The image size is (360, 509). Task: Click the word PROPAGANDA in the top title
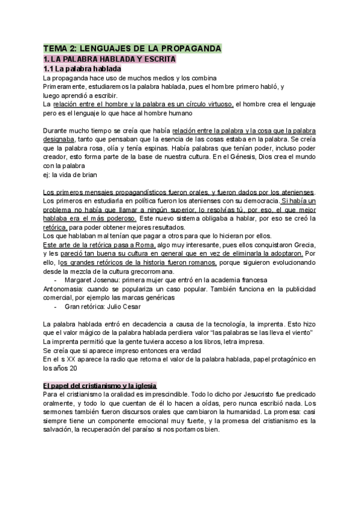190,48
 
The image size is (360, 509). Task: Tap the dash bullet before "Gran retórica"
55,307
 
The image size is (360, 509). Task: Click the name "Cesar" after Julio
131,307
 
